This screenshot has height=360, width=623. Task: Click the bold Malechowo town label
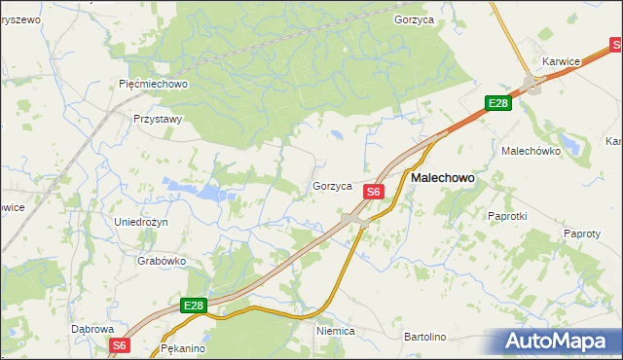[443, 179]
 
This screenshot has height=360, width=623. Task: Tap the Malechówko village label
[528, 152]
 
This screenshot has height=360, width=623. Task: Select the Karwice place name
[562, 61]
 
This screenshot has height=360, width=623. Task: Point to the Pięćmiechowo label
[153, 84]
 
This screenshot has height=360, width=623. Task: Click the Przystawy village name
[158, 119]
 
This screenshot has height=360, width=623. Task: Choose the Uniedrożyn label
[141, 222]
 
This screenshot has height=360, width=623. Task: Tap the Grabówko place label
[162, 261]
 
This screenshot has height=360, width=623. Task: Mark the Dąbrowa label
[93, 329]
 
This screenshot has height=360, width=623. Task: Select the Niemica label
[336, 331]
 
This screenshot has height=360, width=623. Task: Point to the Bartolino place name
[424, 337]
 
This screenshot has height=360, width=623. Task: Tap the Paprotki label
[506, 216]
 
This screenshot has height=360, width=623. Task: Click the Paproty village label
[582, 234]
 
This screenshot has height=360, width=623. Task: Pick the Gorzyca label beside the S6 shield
[332, 186]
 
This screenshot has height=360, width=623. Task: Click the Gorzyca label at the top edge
[414, 18]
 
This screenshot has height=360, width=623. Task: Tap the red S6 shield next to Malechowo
[373, 193]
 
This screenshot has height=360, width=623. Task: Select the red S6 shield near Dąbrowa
[119, 345]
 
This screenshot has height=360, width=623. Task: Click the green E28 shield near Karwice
[498, 103]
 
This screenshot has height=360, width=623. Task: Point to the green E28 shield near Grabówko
[194, 306]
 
